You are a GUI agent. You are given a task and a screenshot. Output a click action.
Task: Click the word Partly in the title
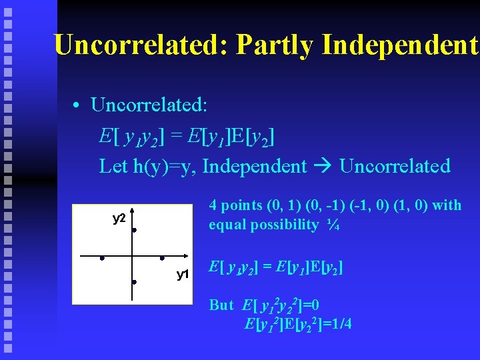(x=274, y=45)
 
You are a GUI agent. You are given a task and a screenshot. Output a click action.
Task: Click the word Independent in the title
(x=400, y=45)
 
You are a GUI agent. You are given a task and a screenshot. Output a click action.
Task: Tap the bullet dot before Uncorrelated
(x=78, y=107)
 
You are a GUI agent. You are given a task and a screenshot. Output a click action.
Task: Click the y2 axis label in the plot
(x=119, y=218)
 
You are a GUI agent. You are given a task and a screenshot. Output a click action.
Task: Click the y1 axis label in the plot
(x=183, y=274)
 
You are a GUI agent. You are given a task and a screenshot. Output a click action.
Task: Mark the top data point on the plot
(x=134, y=230)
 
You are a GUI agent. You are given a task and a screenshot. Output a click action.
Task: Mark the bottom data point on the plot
(x=134, y=282)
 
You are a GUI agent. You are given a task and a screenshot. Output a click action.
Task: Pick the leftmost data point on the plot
(x=102, y=258)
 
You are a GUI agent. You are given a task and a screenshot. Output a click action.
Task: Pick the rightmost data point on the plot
(x=162, y=258)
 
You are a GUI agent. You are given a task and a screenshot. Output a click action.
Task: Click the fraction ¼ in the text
(x=333, y=225)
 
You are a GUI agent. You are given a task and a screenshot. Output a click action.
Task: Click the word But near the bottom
(x=221, y=305)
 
